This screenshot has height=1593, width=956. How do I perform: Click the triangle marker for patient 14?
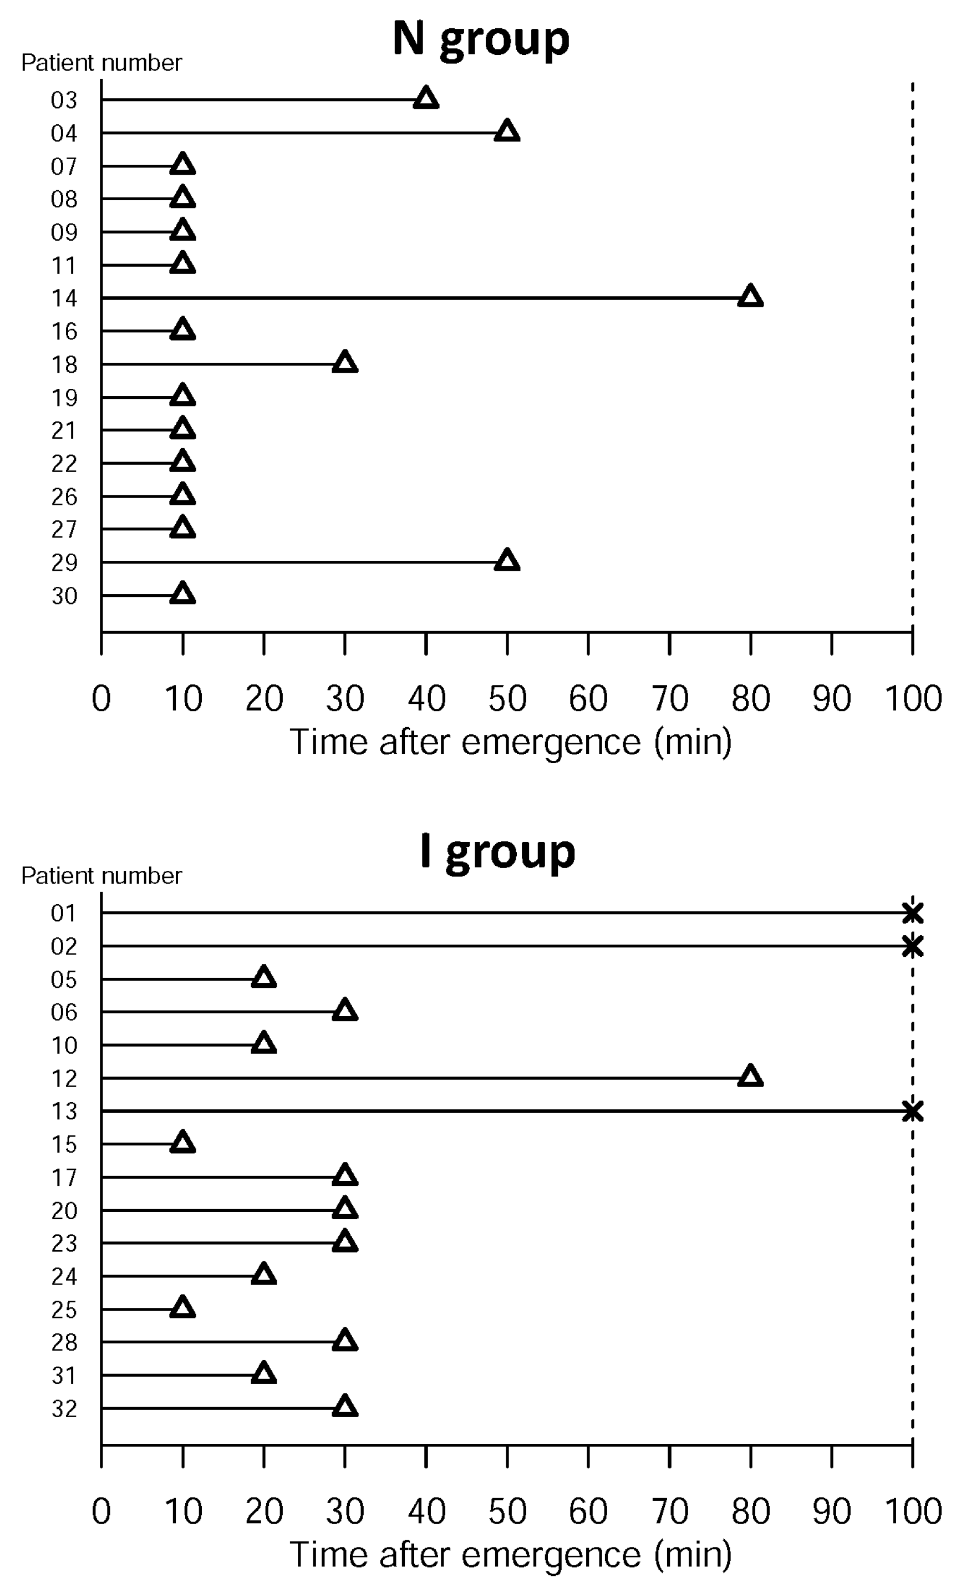750,297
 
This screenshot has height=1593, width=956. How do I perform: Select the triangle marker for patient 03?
426,99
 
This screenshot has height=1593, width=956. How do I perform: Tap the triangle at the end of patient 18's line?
345,363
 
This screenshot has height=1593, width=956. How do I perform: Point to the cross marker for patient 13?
912,1111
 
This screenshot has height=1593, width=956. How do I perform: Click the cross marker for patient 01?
912,913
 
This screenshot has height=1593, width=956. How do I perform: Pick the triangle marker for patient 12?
750,1077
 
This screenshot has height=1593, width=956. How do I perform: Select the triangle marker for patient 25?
182,1308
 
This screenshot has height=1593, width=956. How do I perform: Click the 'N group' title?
481,39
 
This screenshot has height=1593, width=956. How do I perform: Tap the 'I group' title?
497,851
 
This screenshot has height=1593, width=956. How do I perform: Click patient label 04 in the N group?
64,133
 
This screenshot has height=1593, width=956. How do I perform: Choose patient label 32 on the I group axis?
64,1409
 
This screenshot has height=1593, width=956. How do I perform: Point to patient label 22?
64,464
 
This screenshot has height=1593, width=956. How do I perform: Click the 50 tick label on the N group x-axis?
507,698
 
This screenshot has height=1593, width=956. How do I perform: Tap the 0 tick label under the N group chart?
101,698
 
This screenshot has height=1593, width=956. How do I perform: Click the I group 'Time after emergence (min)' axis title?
510,1555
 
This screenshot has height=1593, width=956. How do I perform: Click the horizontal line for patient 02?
502,946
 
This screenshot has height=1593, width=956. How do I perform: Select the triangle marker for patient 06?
345,1011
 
